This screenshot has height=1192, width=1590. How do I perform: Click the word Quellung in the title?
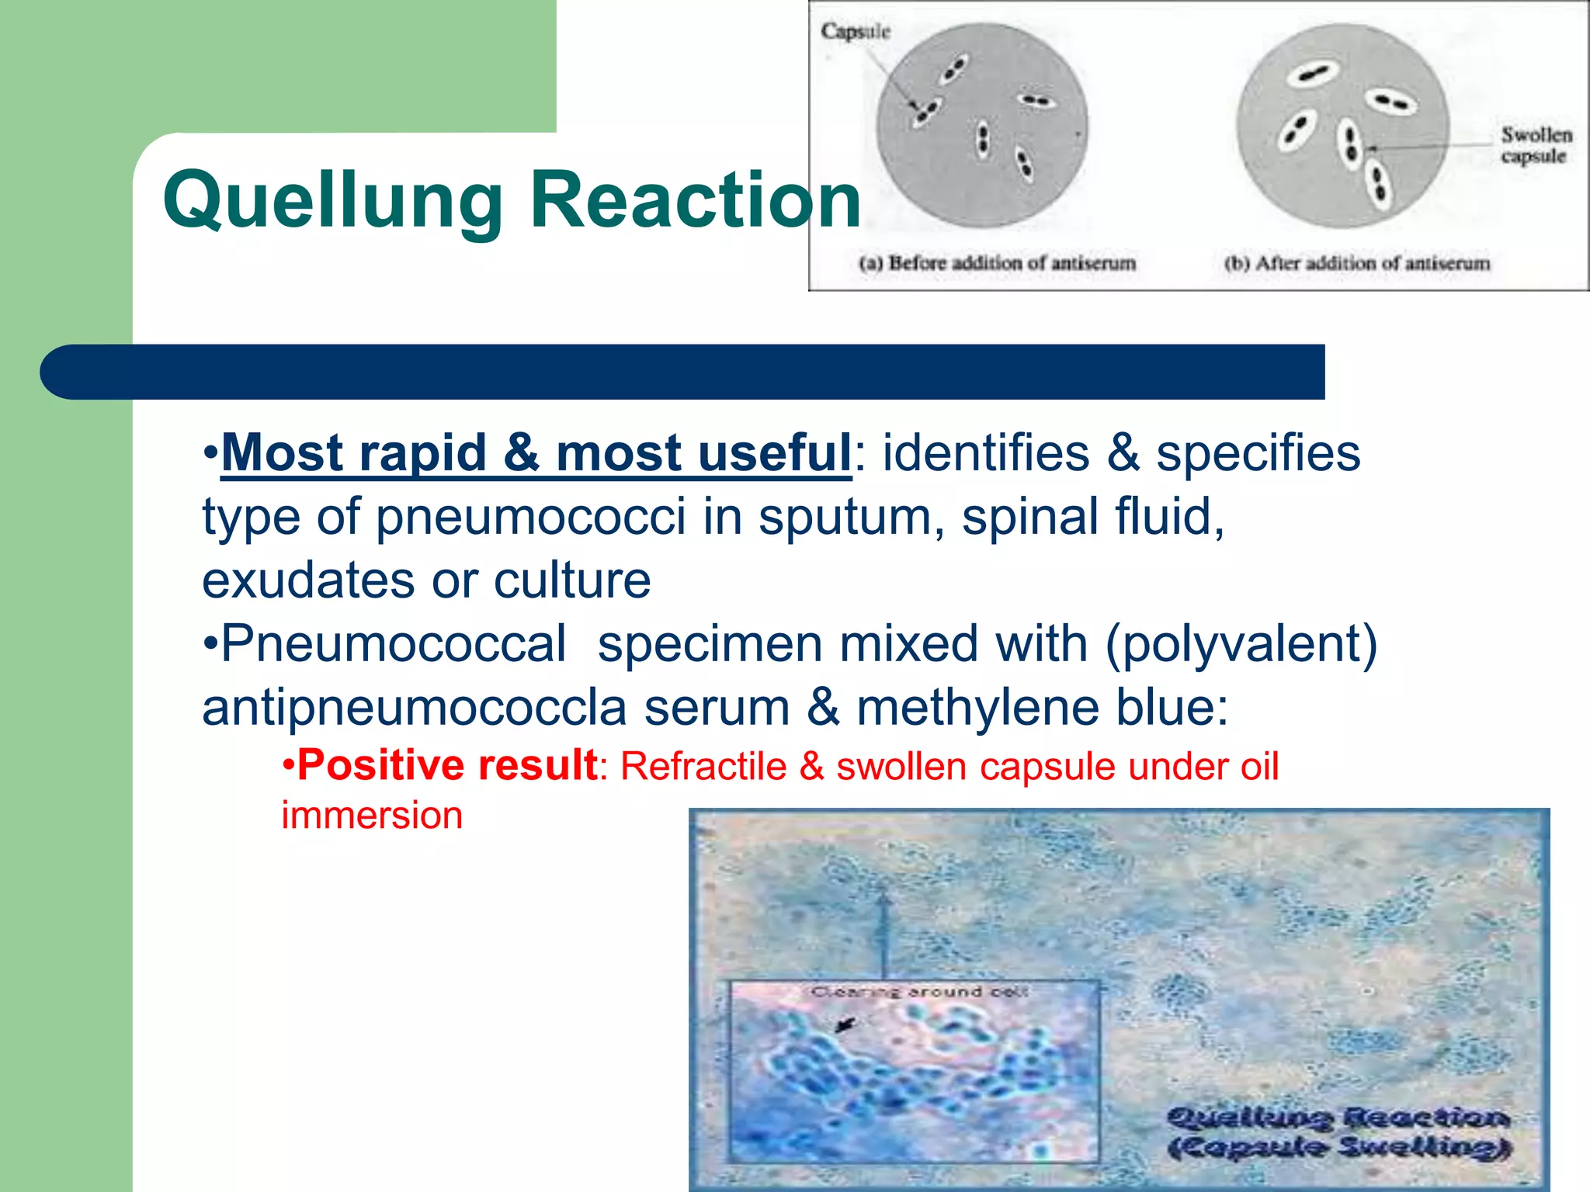click(333, 201)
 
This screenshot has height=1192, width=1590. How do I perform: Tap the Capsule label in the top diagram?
click(855, 32)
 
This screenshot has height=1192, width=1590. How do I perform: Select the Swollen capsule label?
click(1536, 145)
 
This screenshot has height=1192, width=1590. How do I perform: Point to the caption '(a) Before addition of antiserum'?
click(997, 263)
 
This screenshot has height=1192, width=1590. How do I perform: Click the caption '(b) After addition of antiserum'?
click(1357, 263)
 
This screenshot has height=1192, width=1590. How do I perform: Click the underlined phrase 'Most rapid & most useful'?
click(536, 452)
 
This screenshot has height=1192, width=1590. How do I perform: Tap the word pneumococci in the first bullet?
click(531, 516)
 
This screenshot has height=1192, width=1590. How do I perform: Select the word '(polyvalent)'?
click(1241, 643)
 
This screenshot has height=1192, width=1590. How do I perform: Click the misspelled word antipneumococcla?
click(414, 707)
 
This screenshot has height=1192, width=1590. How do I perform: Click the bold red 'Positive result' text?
click(447, 765)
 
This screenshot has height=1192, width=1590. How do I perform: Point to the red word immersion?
click(372, 815)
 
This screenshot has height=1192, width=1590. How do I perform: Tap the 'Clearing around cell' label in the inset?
click(919, 992)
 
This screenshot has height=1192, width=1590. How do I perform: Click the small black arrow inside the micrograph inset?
click(844, 1026)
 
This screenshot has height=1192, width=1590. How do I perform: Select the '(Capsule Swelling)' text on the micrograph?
click(1339, 1147)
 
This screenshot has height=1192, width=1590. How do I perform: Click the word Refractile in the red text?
click(703, 767)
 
